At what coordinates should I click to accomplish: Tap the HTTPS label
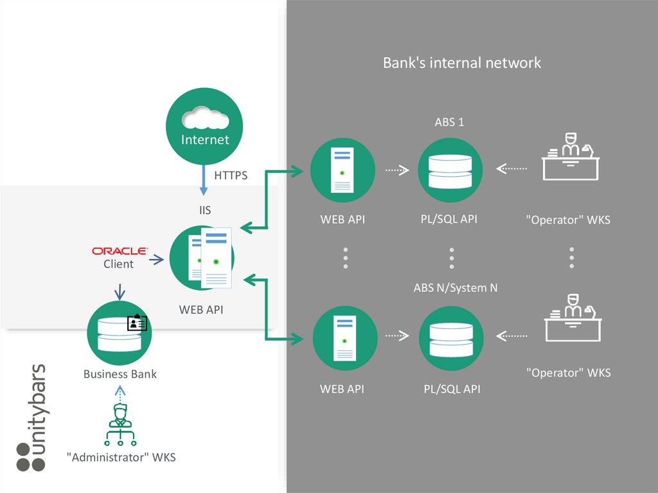[231, 175]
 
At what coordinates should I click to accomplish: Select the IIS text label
[205, 210]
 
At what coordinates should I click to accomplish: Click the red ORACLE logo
[119, 251]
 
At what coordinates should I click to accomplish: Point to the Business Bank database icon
[119, 334]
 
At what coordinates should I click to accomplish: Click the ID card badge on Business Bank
[138, 323]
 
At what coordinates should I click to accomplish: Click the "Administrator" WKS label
[121, 458]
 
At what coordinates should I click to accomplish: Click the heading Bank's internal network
[462, 63]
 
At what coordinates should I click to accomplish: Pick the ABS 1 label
[449, 122]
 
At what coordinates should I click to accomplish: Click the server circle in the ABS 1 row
[342, 170]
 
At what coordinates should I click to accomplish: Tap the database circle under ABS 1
[450, 170]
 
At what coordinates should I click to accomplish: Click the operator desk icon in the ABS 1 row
[571, 158]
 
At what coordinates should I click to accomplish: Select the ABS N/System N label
[456, 288]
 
